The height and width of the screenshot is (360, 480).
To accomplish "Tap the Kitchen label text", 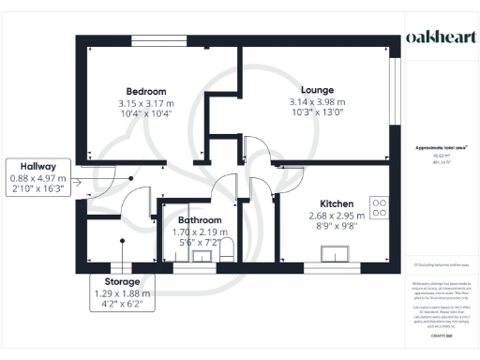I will (336, 202).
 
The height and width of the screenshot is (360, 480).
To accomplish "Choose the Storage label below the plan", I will (123, 281).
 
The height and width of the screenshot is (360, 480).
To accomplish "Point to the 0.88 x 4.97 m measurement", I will (38, 178).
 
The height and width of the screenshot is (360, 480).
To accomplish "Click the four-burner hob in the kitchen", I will (381, 206).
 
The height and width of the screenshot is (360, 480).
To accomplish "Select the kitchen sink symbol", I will (335, 253).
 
